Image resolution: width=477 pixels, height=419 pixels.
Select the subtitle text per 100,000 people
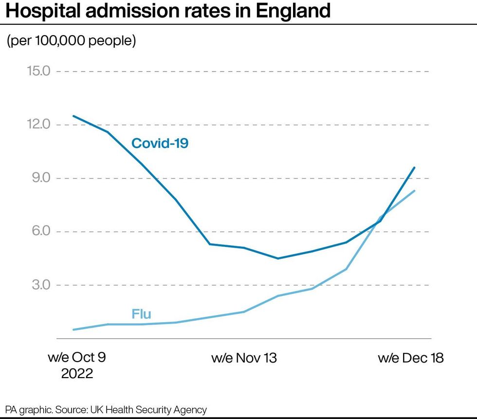tap(71, 41)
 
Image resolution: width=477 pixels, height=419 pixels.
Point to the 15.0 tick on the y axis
tap(38, 71)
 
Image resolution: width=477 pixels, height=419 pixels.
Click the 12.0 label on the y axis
tap(38, 125)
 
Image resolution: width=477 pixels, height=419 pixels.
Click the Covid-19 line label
tap(160, 143)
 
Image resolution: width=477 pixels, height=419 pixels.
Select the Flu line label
tap(142, 314)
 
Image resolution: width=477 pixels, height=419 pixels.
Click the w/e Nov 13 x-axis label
tap(244, 358)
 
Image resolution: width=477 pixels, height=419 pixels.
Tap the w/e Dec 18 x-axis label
tap(411, 358)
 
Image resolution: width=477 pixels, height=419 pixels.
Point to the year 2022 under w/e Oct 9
tap(77, 374)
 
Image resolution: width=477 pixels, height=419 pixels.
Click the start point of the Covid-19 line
tap(73, 116)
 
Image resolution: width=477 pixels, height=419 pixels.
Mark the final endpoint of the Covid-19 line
tap(414, 167)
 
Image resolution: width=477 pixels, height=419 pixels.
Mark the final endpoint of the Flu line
tap(414, 191)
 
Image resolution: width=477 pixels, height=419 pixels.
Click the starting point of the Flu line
tap(73, 329)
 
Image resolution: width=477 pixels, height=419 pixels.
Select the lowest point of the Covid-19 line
tap(278, 258)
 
